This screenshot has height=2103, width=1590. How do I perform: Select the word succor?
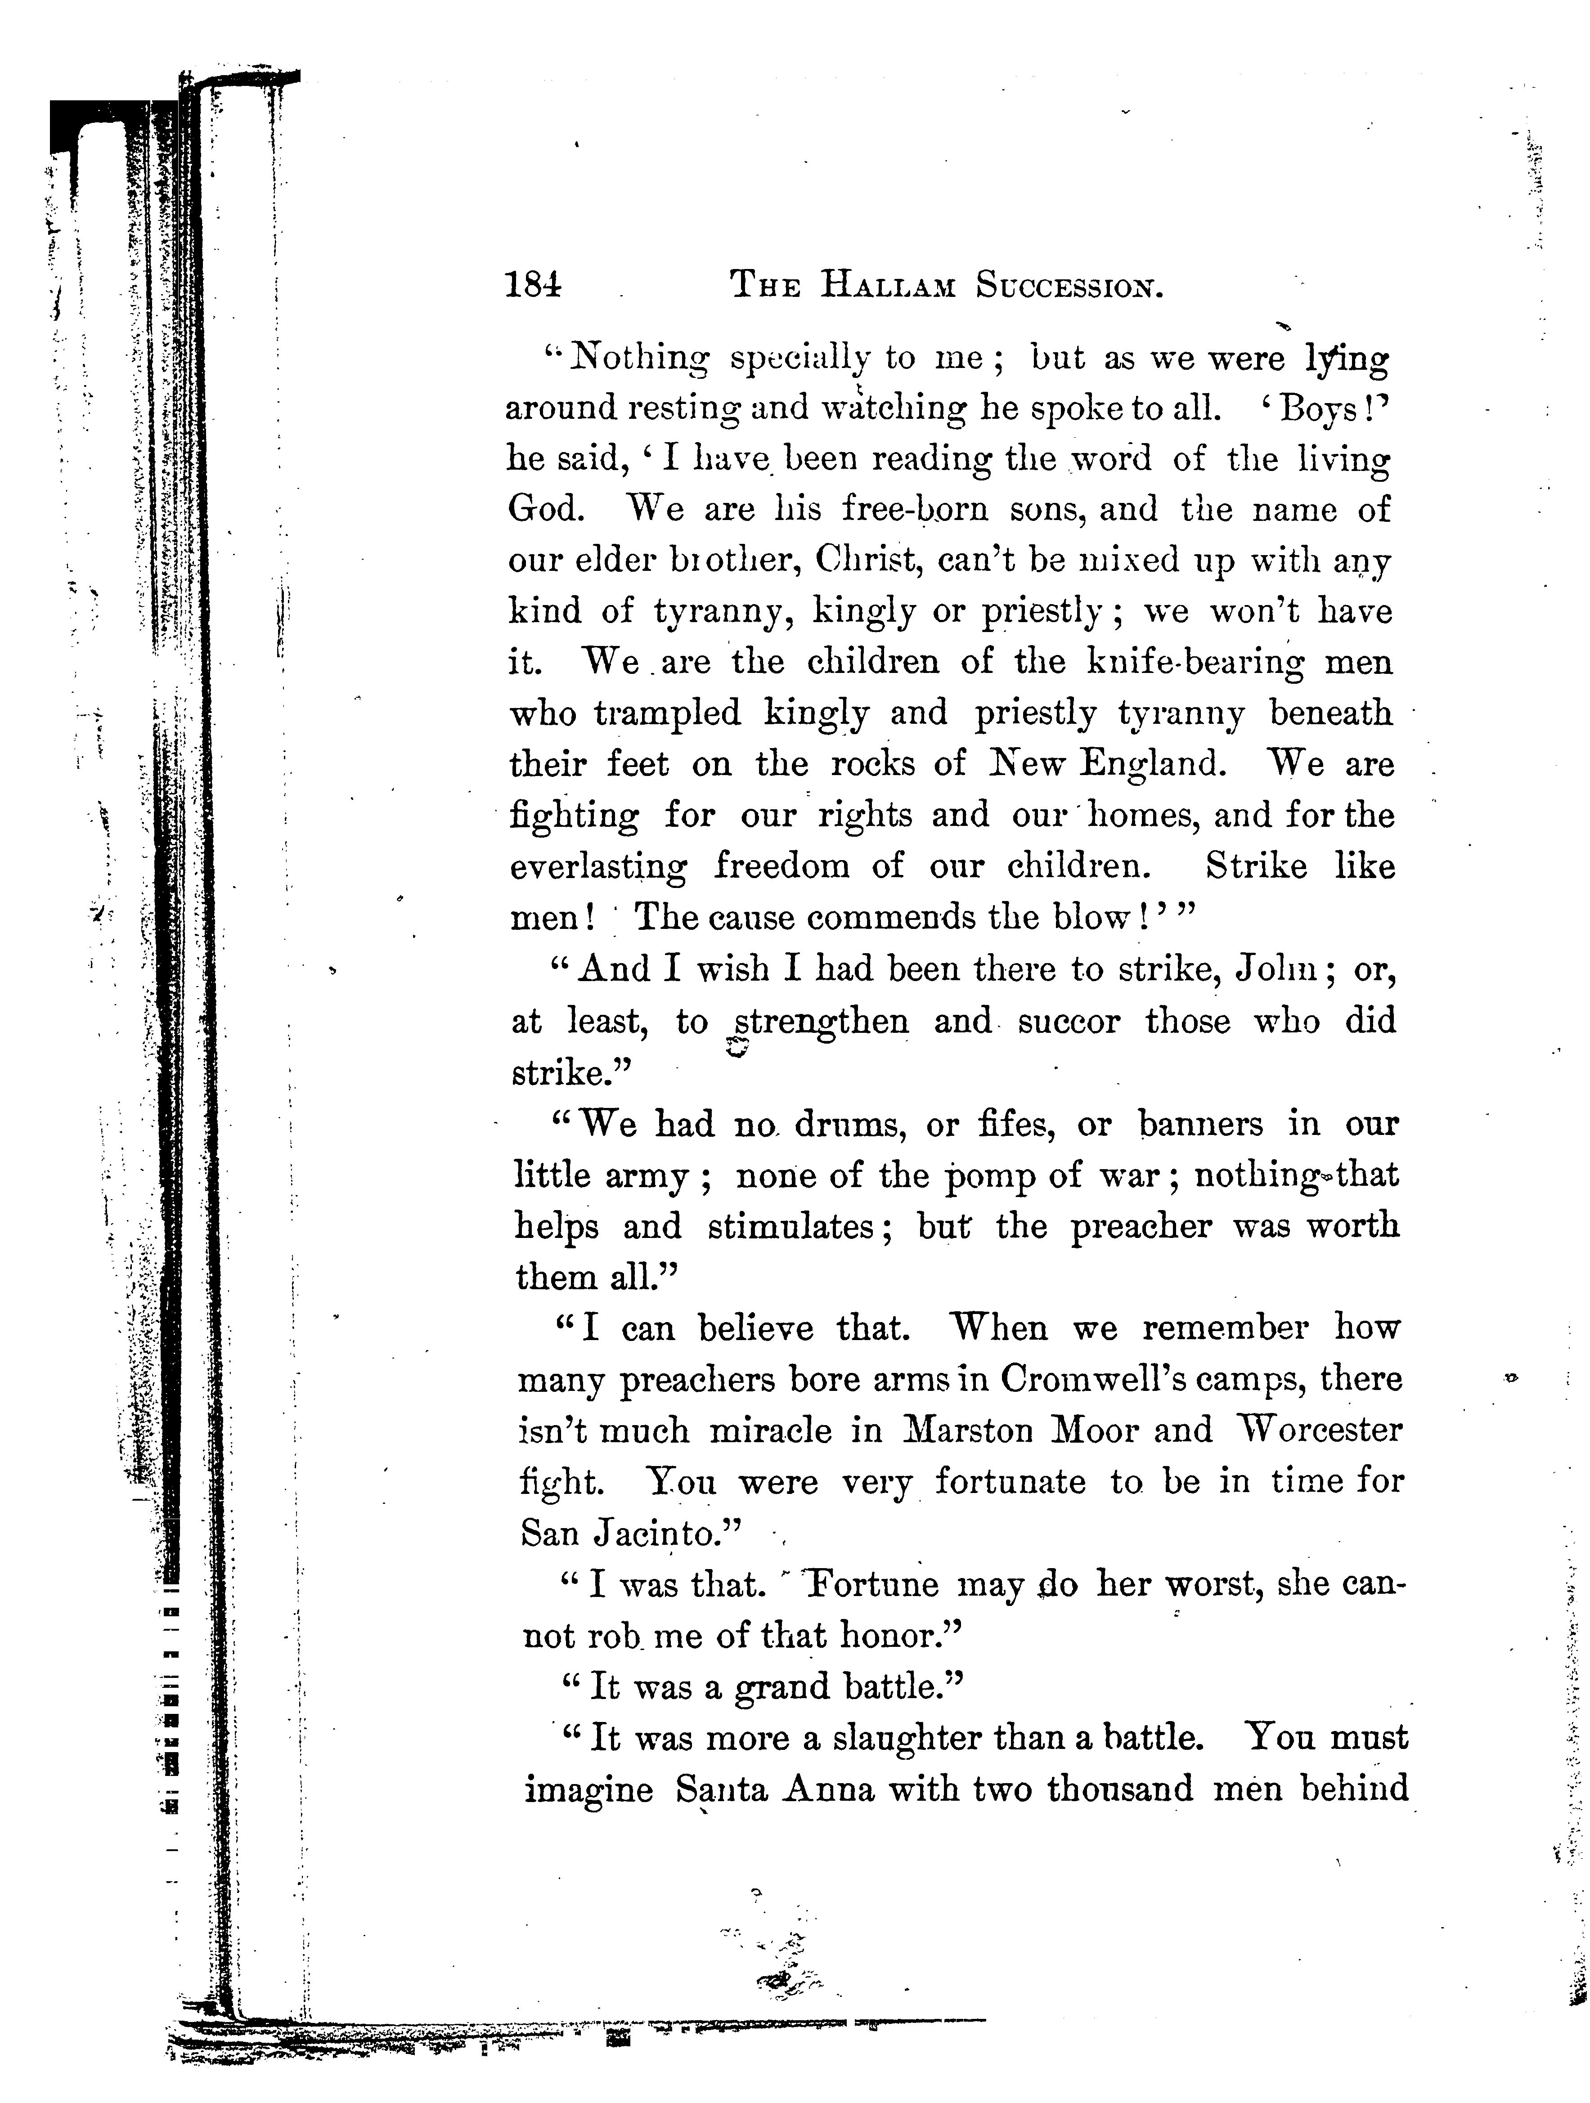pyautogui.click(x=1069, y=1021)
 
